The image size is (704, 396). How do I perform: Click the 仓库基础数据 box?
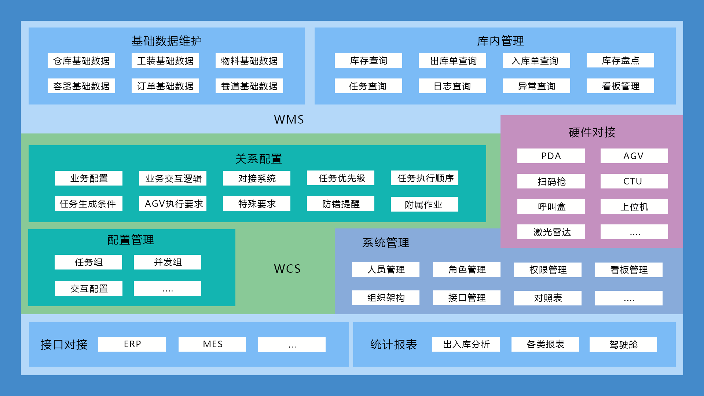pyautogui.click(x=81, y=60)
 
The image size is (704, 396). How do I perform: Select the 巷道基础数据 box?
pyautogui.click(x=249, y=86)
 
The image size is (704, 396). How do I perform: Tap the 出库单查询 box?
pyautogui.click(x=452, y=60)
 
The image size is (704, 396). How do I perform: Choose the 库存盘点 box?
pyautogui.click(x=620, y=60)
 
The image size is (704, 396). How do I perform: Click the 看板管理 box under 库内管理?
pyautogui.click(x=620, y=86)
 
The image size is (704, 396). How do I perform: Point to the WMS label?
pyautogui.click(x=289, y=120)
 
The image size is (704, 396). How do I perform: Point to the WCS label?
pyautogui.click(x=287, y=269)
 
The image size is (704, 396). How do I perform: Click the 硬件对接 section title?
pyautogui.click(x=592, y=132)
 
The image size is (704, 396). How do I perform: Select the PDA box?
pyautogui.click(x=551, y=156)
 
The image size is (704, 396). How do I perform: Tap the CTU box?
pyautogui.click(x=634, y=181)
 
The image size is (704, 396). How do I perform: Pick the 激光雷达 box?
pyautogui.click(x=551, y=232)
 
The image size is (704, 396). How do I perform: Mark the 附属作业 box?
pyautogui.click(x=424, y=204)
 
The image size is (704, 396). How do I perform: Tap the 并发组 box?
pyautogui.click(x=167, y=262)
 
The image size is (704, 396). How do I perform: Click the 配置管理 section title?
pyautogui.click(x=131, y=240)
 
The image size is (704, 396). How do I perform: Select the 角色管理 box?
pyautogui.click(x=466, y=269)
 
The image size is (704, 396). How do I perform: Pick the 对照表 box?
pyautogui.click(x=547, y=298)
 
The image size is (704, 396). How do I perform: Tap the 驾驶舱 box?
pyautogui.click(x=623, y=345)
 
